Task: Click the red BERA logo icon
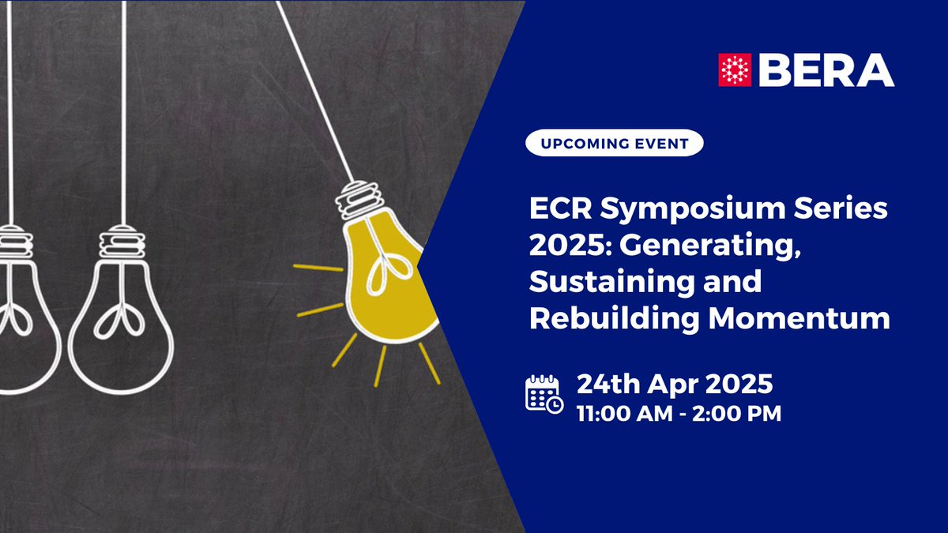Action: (x=733, y=69)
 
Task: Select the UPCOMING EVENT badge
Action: (x=614, y=145)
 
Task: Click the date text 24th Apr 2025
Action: (x=674, y=385)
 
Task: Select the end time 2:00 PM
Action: (x=739, y=413)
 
